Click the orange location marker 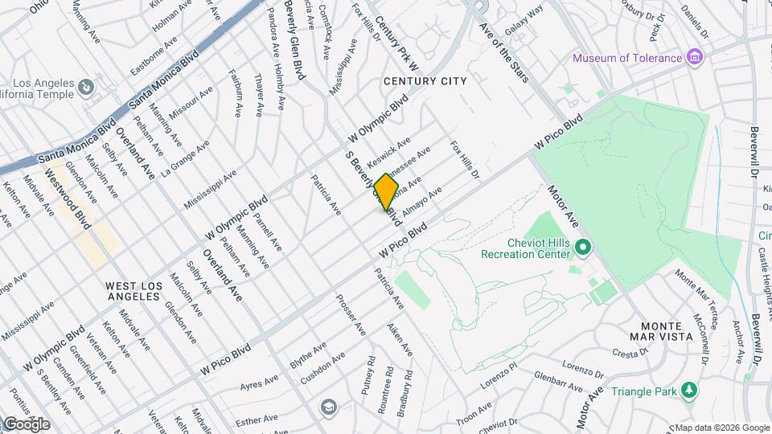point(387,193)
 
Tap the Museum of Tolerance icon point(693,58)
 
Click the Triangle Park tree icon point(688,391)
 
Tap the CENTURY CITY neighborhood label point(425,81)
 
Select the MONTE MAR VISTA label point(660,330)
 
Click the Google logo point(26,424)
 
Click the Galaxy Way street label point(524,20)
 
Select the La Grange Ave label point(186,158)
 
